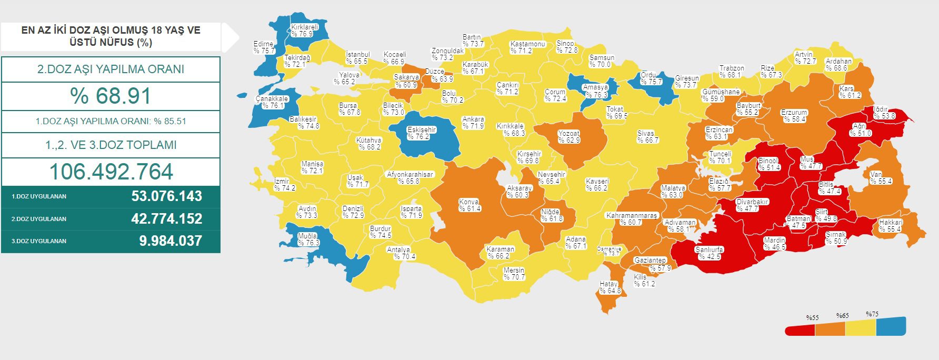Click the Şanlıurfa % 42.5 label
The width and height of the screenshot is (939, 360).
point(709,253)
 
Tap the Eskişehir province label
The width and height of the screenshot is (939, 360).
point(422,133)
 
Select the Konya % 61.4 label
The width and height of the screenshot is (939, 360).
point(470,205)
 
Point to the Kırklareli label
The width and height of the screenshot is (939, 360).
point(305,31)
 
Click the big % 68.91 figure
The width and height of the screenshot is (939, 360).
point(111,96)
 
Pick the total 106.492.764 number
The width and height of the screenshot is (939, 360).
point(111,172)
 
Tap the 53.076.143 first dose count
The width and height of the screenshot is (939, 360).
point(166,196)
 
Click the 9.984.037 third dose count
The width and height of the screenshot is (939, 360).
point(170,241)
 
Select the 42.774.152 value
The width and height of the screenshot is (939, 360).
point(166,219)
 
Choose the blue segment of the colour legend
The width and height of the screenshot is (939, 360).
point(891,326)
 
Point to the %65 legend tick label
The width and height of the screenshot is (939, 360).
point(842,316)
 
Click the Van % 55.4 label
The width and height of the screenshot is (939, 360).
point(881,178)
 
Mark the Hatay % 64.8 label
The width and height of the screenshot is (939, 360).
point(610,287)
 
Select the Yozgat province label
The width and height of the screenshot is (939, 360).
point(569,137)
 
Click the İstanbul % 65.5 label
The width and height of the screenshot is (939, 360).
point(358,58)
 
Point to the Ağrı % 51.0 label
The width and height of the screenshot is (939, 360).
point(860,130)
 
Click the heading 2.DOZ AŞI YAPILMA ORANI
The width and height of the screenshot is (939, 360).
point(111,69)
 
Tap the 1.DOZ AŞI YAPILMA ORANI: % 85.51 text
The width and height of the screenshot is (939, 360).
point(111,121)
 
